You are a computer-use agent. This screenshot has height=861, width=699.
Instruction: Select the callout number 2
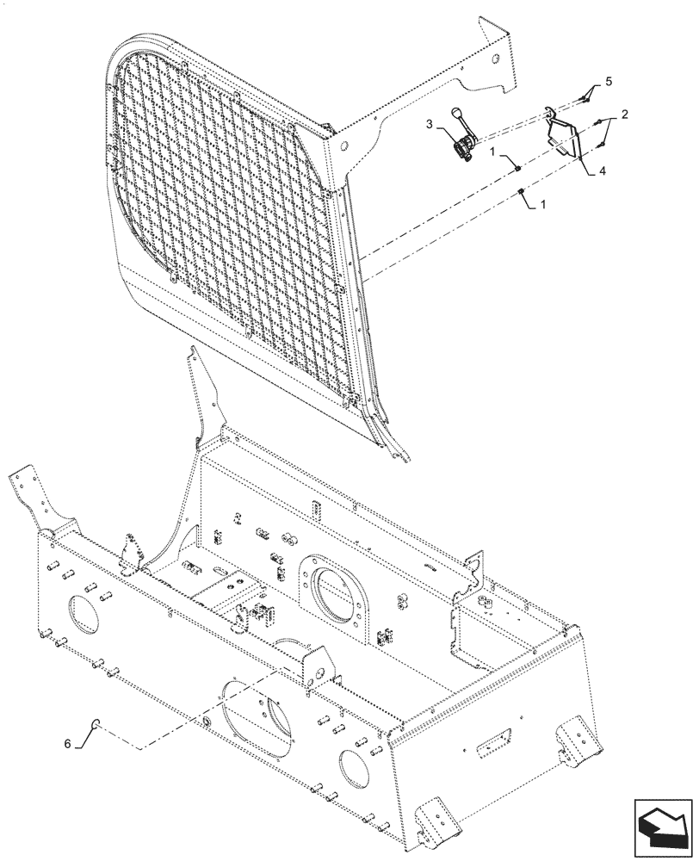pyautogui.click(x=624, y=115)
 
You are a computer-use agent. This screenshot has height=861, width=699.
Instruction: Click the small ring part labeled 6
pyautogui.click(x=99, y=723)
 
